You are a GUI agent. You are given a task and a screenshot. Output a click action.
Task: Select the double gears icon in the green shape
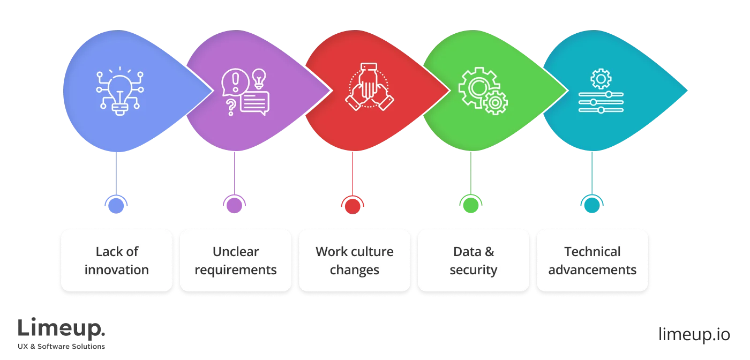[482, 90]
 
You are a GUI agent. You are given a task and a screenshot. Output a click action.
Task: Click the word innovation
[116, 269]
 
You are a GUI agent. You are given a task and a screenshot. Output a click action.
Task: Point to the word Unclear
[236, 251]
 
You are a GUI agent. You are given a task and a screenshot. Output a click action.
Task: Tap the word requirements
[236, 269]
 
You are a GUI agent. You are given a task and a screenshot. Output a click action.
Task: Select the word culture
[372, 251]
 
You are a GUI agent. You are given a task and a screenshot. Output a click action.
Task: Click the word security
[474, 269]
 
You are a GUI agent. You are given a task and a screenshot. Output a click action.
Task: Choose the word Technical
[592, 251]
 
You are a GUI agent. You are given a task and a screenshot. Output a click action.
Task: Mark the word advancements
[592, 269]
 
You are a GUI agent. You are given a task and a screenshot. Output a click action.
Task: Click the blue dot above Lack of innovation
[115, 204]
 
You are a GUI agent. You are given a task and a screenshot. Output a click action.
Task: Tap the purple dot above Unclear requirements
[235, 204]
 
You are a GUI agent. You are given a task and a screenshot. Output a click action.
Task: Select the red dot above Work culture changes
[352, 204]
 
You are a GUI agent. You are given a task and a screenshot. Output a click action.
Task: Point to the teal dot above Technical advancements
[591, 204]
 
